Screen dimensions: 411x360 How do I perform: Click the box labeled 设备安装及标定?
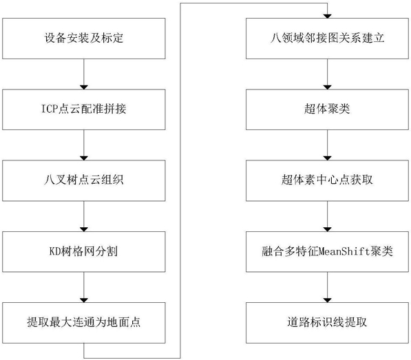tap(84, 39)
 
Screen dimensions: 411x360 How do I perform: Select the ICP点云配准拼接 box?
tap(84, 109)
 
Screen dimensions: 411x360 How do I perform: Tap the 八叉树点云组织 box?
tap(84, 180)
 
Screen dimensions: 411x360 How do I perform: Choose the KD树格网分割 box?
tap(84, 251)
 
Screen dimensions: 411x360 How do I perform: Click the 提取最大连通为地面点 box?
tap(84, 323)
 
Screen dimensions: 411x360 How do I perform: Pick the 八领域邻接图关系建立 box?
tap(327, 39)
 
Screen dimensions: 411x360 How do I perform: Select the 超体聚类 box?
tap(327, 109)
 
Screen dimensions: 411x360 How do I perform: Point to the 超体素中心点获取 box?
tap(327, 180)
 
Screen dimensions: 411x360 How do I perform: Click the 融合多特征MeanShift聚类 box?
tap(327, 251)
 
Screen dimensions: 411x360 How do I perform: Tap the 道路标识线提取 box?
tap(327, 323)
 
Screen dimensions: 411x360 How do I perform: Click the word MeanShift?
tap(344, 251)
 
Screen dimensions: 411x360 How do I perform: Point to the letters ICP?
tap(50, 109)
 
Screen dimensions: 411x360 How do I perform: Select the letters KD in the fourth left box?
tap(55, 251)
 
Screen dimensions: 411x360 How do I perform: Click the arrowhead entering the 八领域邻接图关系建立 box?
tap(327, 17)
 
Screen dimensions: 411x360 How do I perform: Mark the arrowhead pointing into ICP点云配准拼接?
tap(84, 87)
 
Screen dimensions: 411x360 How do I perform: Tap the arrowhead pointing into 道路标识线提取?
tap(327, 300)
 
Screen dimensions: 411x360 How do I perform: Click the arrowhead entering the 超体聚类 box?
tap(327, 87)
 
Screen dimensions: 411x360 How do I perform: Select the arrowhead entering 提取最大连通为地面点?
tap(84, 300)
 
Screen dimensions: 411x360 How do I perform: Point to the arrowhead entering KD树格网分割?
tap(84, 229)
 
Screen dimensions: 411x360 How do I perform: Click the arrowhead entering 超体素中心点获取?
tap(327, 158)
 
